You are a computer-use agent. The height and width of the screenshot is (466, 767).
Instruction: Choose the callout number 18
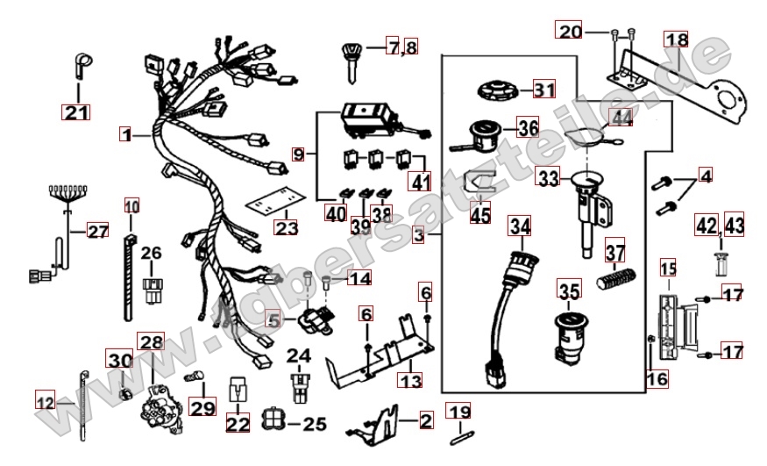pyautogui.click(x=676, y=40)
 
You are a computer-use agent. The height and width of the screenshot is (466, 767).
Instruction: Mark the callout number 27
pyautogui.click(x=96, y=232)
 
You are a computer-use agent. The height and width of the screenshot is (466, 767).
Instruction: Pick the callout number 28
pyautogui.click(x=151, y=341)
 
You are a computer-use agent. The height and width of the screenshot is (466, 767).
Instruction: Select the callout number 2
pyautogui.click(x=426, y=421)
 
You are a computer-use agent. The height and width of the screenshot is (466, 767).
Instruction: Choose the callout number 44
pyautogui.click(x=621, y=117)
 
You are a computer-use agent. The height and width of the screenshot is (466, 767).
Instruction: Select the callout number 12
pyautogui.click(x=45, y=402)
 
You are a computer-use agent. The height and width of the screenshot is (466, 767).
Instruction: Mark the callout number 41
pyautogui.click(x=422, y=183)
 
